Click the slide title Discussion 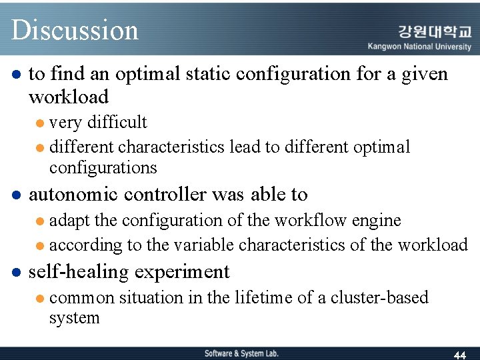click(75, 30)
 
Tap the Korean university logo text click(435, 31)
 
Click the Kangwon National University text click(419, 47)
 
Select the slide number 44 click(459, 355)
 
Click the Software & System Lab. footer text click(241, 353)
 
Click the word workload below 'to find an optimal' click(68, 97)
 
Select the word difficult click(117, 122)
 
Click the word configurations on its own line click(103, 167)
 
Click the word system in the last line click(74, 317)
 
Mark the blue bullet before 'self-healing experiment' click(17, 273)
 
